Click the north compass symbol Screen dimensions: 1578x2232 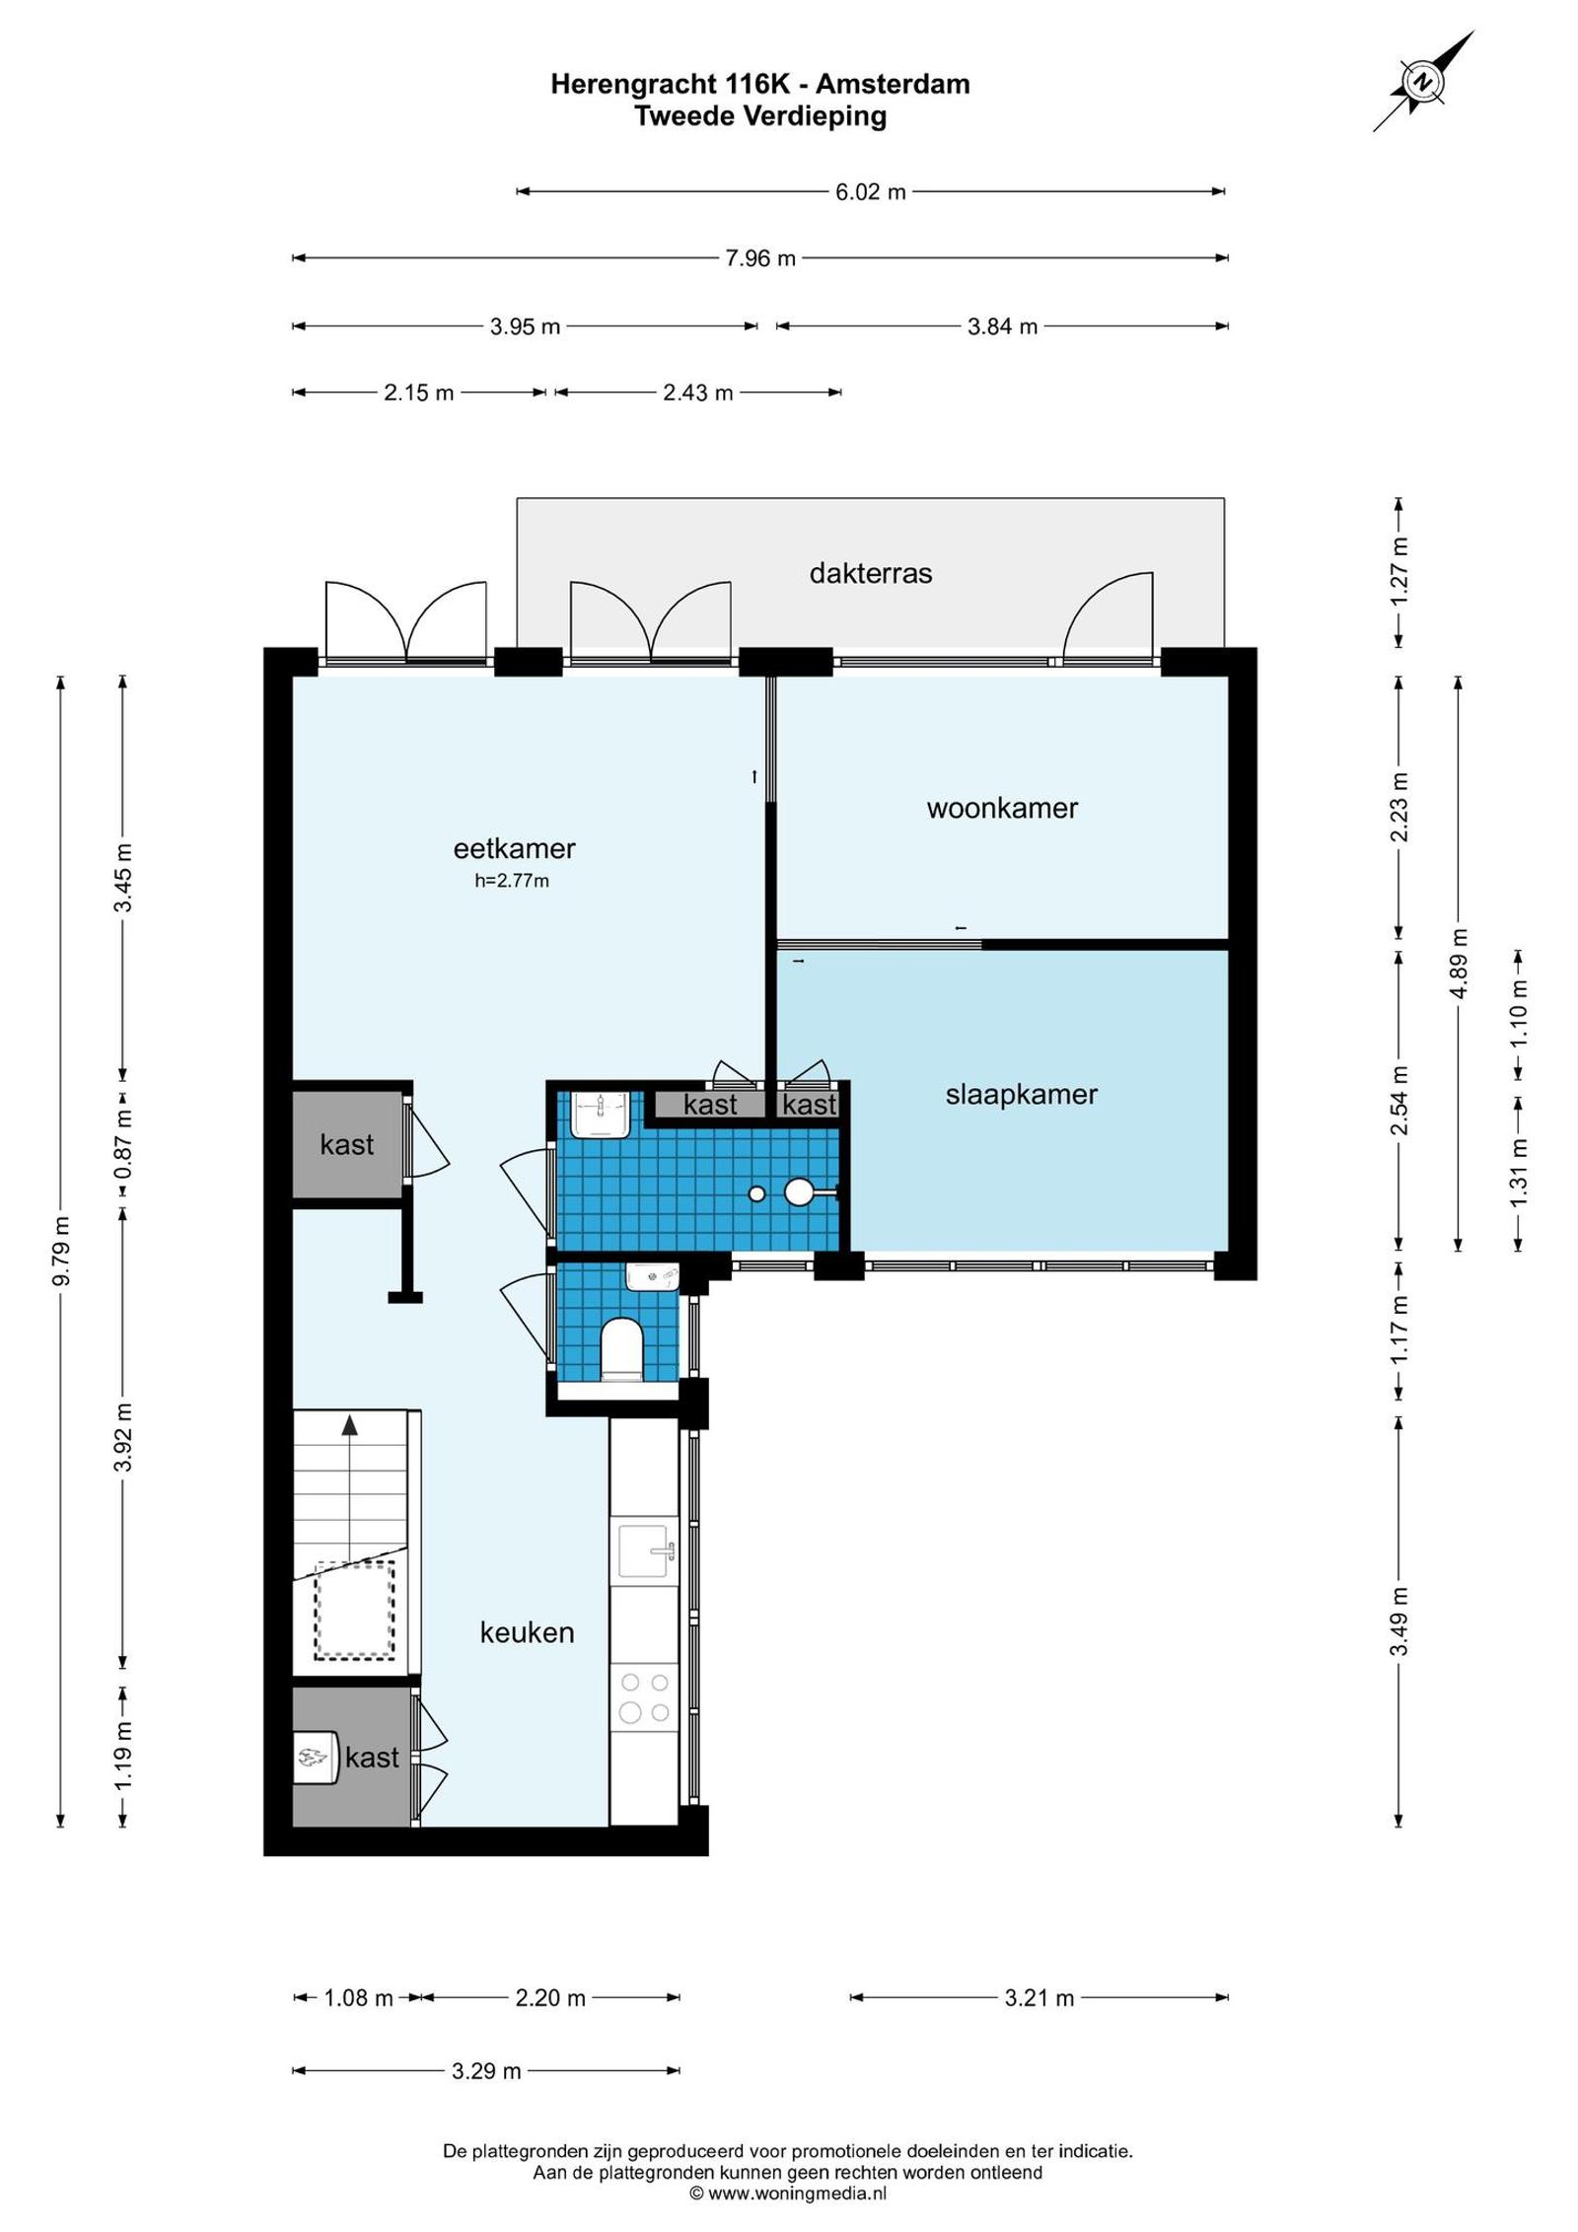[x=1423, y=82]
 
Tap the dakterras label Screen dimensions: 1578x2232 [x=870, y=573]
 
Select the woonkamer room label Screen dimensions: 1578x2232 [x=1002, y=808]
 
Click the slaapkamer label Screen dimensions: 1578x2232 [x=1021, y=1094]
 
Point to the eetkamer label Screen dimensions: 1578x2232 [x=514, y=847]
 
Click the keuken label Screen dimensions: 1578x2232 [x=527, y=1632]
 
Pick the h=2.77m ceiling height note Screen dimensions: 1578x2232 [x=512, y=881]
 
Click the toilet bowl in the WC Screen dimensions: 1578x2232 [x=621, y=1348]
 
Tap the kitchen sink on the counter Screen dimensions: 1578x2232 [x=646, y=1551]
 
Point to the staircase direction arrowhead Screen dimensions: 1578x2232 [x=349, y=1423]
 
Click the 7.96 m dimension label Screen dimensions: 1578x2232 [x=760, y=258]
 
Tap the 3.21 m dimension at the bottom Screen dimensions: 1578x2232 [x=1039, y=1998]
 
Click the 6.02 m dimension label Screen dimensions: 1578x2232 [x=870, y=191]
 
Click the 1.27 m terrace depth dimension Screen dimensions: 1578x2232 [x=1399, y=572]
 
